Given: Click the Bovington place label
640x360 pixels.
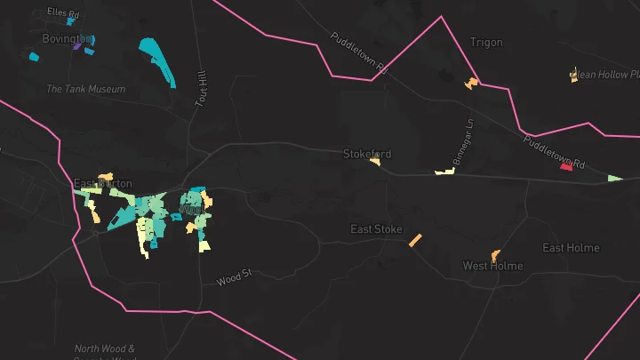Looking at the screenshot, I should pos(66,39).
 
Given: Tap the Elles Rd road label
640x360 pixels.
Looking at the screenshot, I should pos(67,14).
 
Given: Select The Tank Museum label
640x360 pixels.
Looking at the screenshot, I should pos(85,89).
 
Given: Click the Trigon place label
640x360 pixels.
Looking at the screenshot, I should pos(485,43).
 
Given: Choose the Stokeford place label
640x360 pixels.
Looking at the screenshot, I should pos(367,154).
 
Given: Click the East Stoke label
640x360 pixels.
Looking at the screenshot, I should pos(376,229).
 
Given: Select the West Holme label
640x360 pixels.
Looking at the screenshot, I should pos(492,266).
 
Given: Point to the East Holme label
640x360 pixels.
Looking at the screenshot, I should pos(571,248).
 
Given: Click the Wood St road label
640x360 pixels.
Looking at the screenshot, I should pos(235,280).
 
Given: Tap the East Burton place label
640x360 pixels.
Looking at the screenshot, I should pos(103,184).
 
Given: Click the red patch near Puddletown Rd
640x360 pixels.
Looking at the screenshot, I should pos(566,166).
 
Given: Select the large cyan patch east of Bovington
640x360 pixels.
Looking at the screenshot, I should pos(158,60).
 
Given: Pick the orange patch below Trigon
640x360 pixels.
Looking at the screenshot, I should pos(471,84).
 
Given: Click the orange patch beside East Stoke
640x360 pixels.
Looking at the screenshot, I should pos(415,240).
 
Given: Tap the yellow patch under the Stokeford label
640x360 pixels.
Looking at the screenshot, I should pos(376,162).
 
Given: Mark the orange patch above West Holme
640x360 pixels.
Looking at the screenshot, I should pos(495,255).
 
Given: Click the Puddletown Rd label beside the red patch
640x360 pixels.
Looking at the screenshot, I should pos(553,152).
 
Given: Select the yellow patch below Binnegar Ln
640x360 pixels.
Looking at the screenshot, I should pos(444,171).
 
